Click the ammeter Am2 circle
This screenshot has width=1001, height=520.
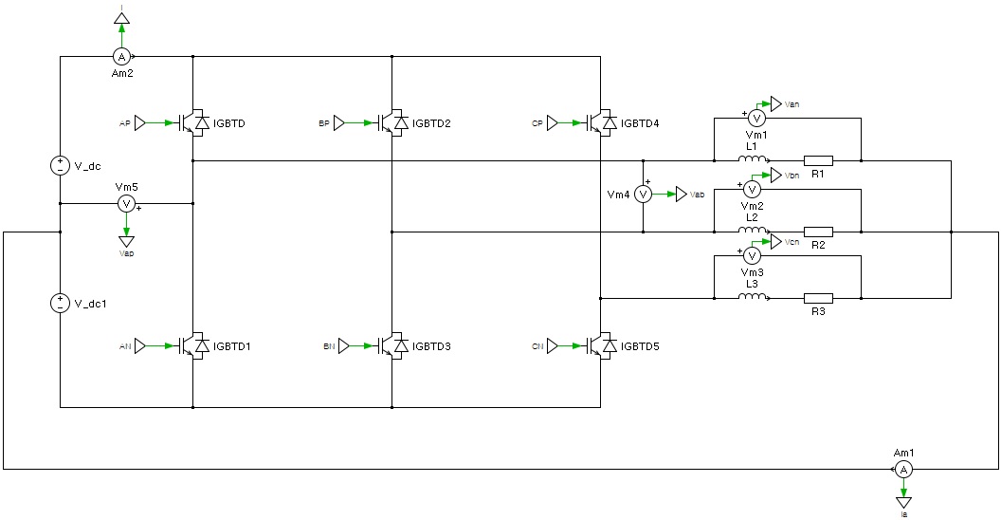click(121, 56)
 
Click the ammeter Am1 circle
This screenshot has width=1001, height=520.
click(904, 470)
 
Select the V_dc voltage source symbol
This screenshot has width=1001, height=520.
click(60, 165)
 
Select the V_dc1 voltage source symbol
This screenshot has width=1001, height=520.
click(60, 303)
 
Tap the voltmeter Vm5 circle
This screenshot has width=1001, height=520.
click(126, 204)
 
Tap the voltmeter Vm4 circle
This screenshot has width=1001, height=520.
click(642, 194)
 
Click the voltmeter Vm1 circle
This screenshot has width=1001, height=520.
click(756, 118)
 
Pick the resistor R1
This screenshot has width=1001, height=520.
click(819, 160)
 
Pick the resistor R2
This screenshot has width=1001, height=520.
click(819, 231)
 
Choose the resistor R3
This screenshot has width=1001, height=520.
click(819, 298)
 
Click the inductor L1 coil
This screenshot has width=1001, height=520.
click(754, 159)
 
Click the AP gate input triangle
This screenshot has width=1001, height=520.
click(140, 123)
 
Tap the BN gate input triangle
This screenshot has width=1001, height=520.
click(344, 346)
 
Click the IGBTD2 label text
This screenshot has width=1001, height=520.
click(431, 124)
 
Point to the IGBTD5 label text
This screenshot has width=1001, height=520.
click(640, 346)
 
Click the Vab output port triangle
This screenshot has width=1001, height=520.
click(682, 194)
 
